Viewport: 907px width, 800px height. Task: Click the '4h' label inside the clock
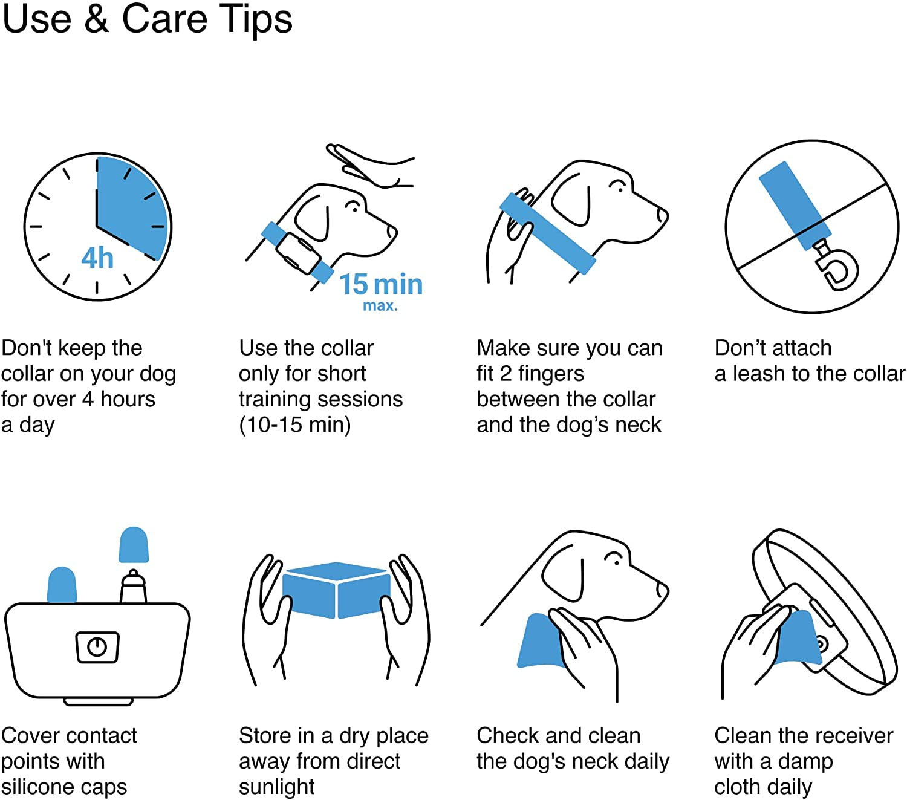[x=97, y=258]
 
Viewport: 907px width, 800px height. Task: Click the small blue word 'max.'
[x=380, y=306]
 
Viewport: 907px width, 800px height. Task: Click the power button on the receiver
[x=97, y=647]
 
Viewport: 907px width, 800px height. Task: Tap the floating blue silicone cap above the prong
[x=134, y=544]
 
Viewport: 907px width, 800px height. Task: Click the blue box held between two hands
[x=336, y=591]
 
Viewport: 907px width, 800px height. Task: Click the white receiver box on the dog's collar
[x=297, y=253]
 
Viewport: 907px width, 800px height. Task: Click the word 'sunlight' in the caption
[x=277, y=787]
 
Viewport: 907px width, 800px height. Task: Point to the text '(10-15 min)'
[x=294, y=424]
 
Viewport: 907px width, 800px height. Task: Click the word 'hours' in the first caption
[x=128, y=399]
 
